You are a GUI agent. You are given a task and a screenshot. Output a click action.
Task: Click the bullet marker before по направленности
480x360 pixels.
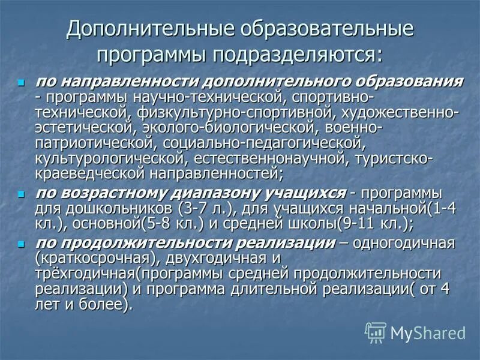coord(22,82)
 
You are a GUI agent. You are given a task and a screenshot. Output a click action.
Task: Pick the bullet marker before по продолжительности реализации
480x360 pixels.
coord(22,245)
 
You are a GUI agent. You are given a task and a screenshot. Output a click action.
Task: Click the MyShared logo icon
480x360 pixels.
coord(376,332)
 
